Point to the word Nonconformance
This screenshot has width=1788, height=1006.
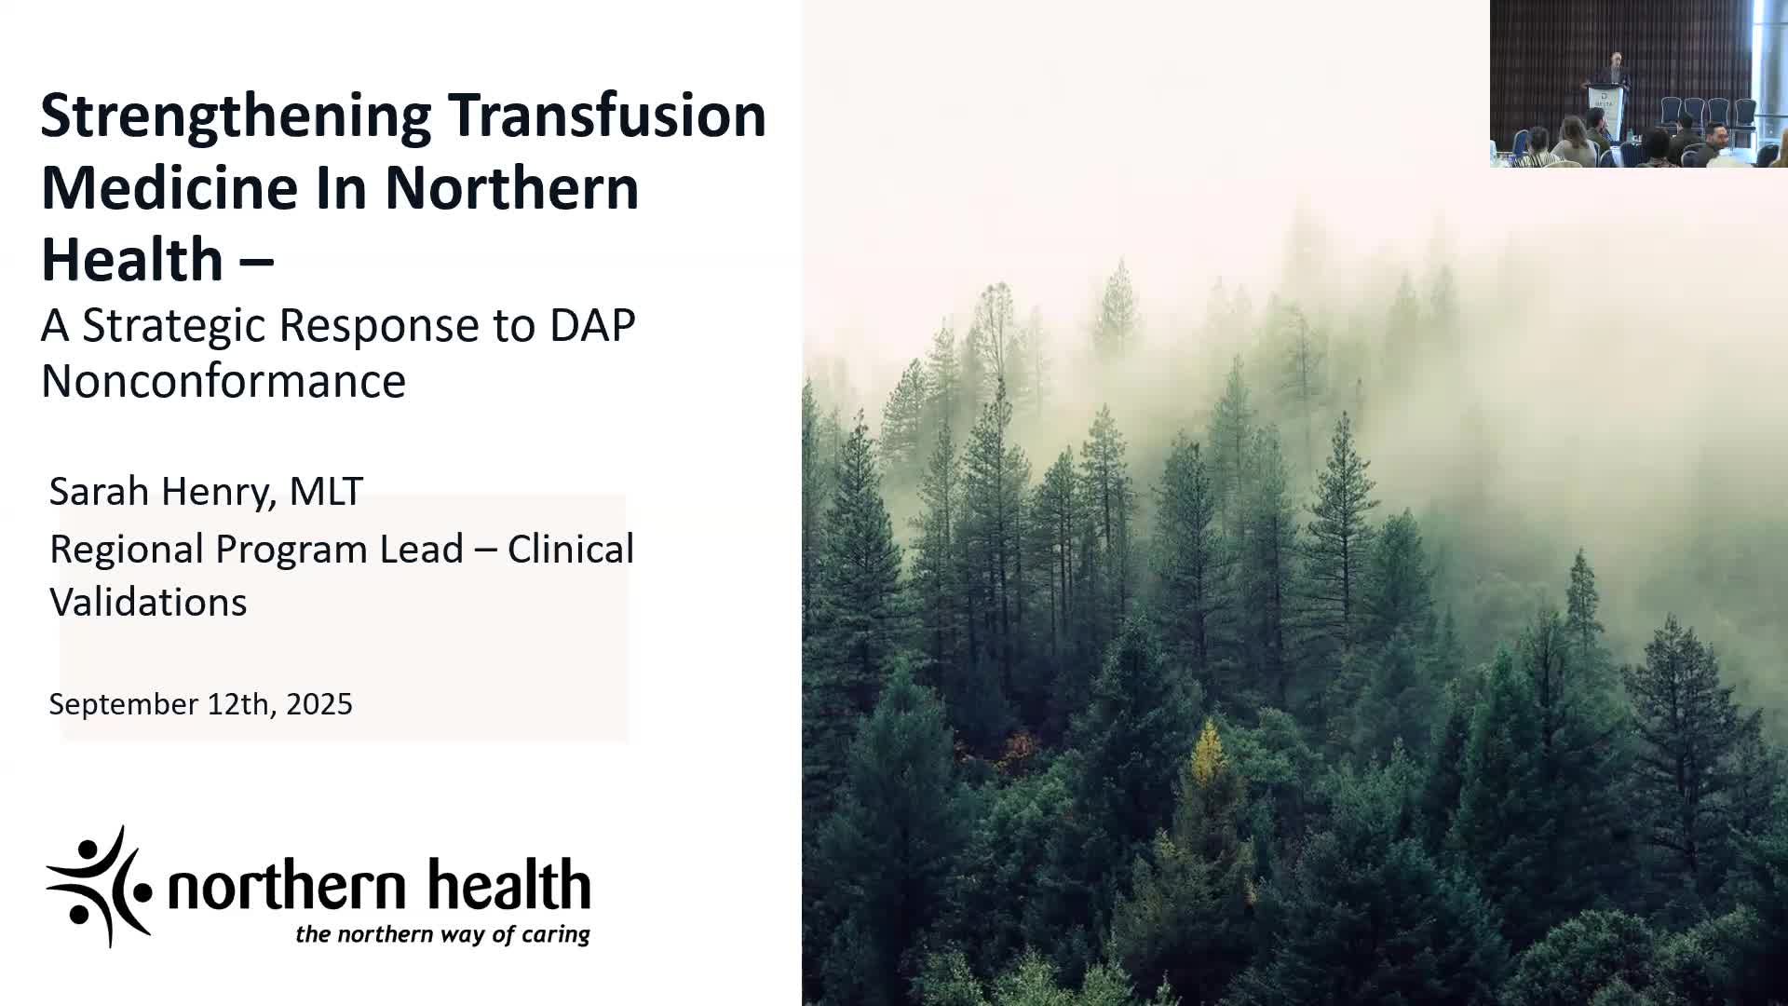click(x=223, y=381)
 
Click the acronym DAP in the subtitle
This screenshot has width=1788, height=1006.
click(x=592, y=325)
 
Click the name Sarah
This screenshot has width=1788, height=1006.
click(x=99, y=491)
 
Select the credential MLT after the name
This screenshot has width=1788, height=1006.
click(x=326, y=491)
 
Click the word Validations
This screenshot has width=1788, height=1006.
click(x=148, y=602)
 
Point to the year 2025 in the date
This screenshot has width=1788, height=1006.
click(x=319, y=703)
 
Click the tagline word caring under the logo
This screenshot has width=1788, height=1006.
click(x=555, y=934)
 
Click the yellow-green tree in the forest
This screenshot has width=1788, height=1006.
click(x=1209, y=754)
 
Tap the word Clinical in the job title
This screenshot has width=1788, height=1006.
click(x=571, y=549)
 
